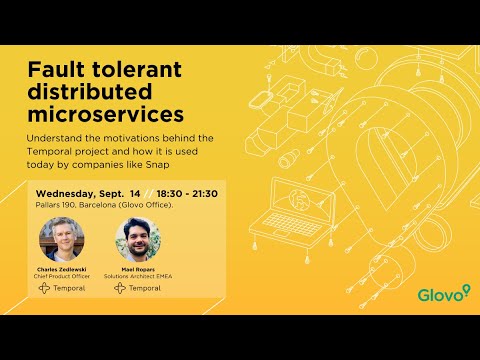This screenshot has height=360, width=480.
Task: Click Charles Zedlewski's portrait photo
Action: [x=62, y=239]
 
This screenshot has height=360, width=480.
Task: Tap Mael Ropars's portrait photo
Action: [x=138, y=239]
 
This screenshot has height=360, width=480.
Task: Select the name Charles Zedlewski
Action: [x=62, y=268]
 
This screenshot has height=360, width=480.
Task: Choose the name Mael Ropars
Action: [x=138, y=268]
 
